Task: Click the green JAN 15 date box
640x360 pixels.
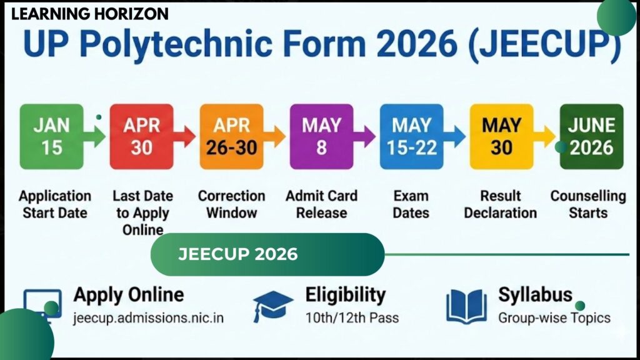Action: coord(51,136)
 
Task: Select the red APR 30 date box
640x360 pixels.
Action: coord(141,136)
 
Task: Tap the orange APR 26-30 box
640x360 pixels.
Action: coord(231,136)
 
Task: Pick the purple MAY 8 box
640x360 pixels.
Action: coord(321,136)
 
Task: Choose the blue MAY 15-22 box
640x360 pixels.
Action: coord(411,136)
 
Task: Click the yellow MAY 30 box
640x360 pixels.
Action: coord(501,136)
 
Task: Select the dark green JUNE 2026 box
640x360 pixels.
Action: coord(591,136)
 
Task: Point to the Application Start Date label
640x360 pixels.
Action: coord(54,204)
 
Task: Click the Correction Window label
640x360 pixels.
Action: coord(232,204)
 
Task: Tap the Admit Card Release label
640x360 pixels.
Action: coord(321,204)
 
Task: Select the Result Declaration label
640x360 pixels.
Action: coord(501,204)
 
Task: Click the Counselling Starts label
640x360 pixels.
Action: coord(588,204)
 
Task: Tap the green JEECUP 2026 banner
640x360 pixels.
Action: coord(267,254)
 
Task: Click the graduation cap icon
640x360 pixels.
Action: coord(273,306)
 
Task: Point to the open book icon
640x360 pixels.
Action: coord(466,306)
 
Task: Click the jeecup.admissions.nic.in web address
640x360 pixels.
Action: coord(148,317)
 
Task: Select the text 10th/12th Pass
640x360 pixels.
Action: coord(352,317)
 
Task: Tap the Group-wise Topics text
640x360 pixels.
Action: coord(554,317)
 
